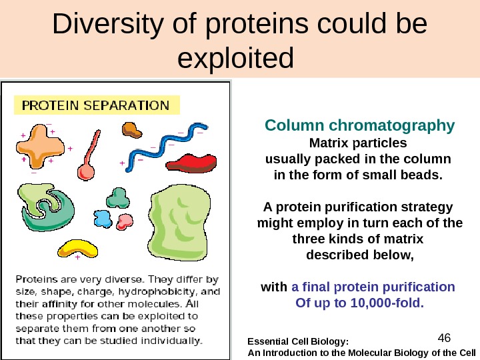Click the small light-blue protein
[103, 218]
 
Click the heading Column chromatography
[359, 125]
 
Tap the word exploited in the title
[237, 58]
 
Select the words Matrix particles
[357, 143]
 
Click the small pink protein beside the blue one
[125, 219]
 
